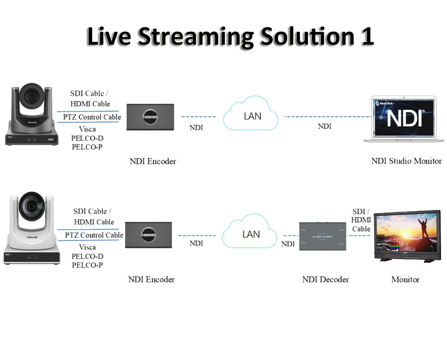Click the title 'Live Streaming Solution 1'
230,37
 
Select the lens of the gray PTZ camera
32,96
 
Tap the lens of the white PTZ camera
32,206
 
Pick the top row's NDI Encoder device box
150,117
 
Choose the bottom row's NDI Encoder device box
148,235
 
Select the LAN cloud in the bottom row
250,234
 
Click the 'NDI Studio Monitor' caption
406,161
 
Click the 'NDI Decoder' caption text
325,280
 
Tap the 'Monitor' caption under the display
405,280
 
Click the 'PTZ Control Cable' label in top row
92,117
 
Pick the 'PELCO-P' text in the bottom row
87,265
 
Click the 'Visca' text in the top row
87,129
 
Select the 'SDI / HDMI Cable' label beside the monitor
361,220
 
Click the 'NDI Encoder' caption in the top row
153,161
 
